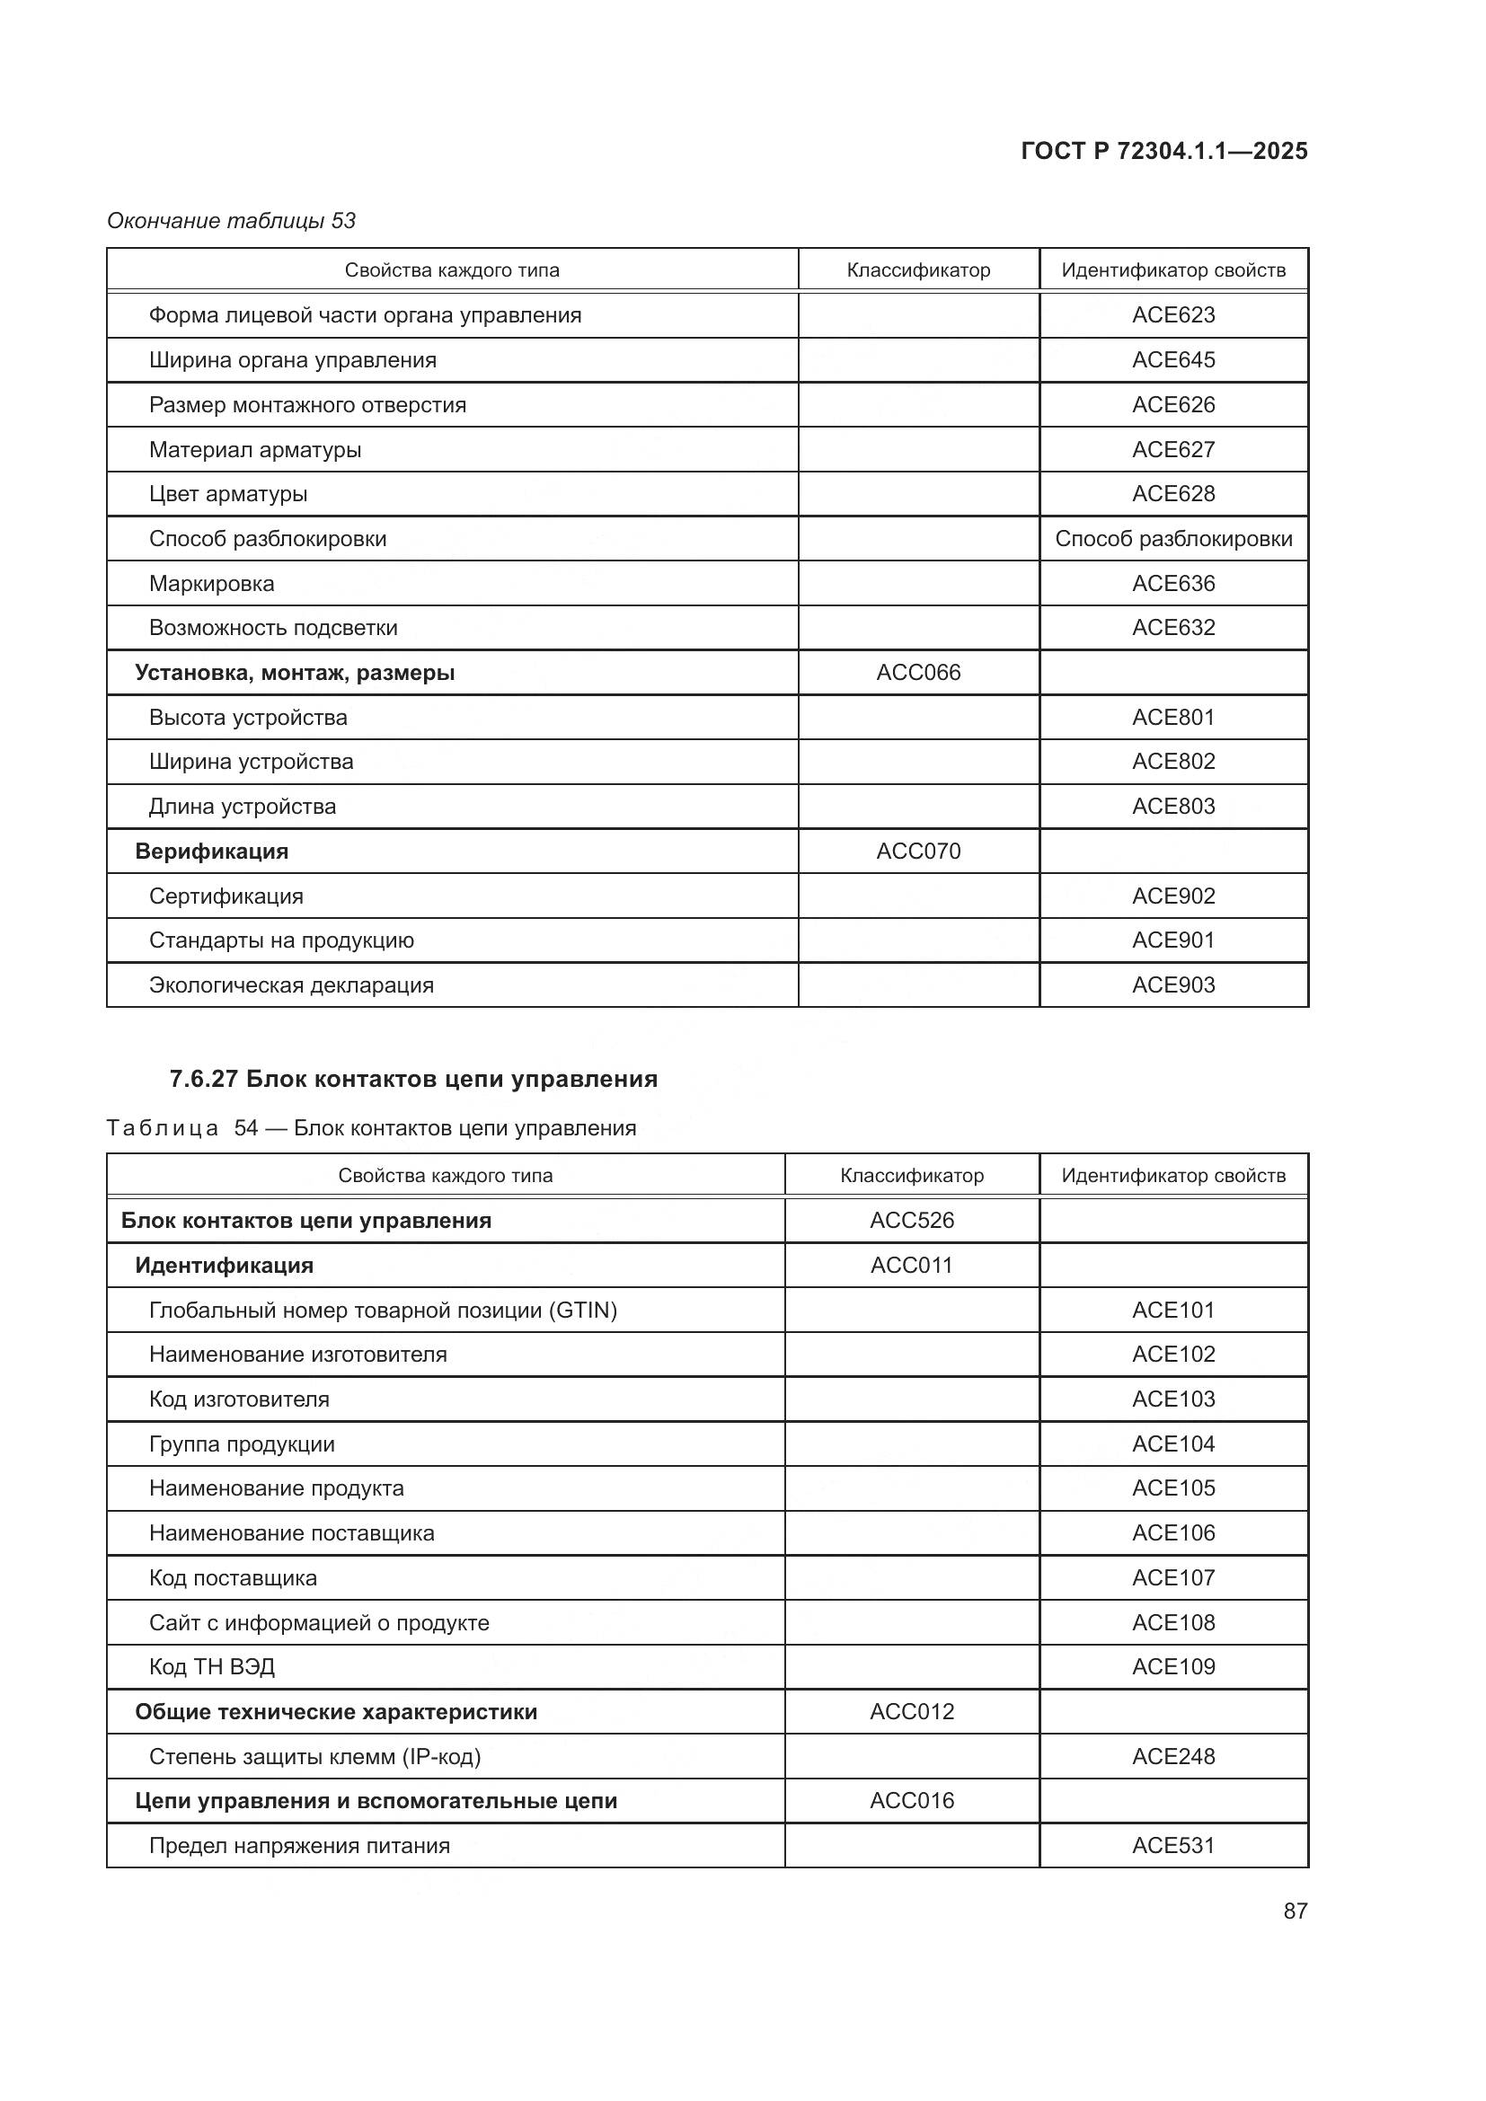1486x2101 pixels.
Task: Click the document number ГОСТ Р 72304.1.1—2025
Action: coord(1163,151)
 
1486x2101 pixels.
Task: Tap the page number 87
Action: coord(1295,1911)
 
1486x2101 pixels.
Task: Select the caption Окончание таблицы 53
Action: coord(232,221)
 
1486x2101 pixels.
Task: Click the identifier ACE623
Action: coord(1173,314)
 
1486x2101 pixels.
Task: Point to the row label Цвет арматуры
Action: coord(228,494)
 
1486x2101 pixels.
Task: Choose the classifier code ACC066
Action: coord(918,673)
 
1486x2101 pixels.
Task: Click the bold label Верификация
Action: coord(211,851)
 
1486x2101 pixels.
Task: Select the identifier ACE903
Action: coord(1173,985)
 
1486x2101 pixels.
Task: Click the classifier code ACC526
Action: coord(911,1220)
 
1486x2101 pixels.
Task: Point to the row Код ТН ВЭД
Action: coord(211,1666)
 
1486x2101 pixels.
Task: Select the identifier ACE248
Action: coord(1173,1756)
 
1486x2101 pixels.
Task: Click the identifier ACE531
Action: coord(1173,1846)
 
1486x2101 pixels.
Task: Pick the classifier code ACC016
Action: coord(911,1801)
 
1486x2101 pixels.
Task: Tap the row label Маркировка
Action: coord(211,584)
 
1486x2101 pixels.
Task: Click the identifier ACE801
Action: coord(1173,718)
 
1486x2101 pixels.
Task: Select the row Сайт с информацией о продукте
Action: coord(318,1622)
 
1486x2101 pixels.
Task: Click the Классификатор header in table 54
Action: coord(911,1176)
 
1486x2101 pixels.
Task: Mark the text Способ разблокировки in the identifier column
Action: coord(1173,539)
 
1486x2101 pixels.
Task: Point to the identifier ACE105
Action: coord(1173,1487)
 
